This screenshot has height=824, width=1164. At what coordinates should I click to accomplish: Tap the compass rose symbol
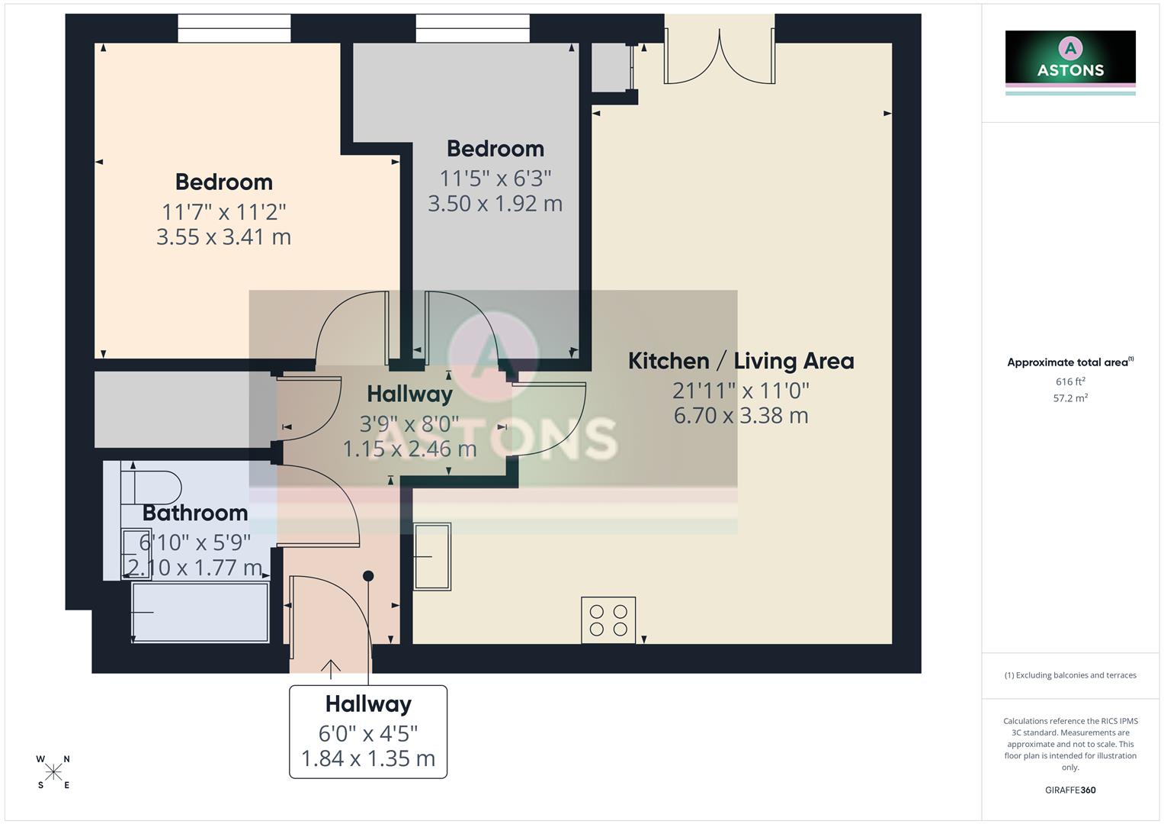click(53, 772)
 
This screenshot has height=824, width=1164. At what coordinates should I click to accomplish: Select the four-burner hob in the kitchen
click(608, 620)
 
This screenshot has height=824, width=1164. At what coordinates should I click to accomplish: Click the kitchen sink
click(432, 556)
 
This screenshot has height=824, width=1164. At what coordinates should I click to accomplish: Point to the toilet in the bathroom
click(152, 486)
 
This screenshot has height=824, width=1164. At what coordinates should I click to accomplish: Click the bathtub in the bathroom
click(200, 613)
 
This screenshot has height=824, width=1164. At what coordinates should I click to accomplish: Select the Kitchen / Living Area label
click(740, 361)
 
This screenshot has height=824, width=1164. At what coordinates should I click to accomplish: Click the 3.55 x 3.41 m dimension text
click(223, 237)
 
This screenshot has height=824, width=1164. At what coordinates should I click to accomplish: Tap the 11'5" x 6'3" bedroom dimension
click(495, 178)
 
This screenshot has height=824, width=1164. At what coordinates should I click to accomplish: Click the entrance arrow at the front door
click(330, 669)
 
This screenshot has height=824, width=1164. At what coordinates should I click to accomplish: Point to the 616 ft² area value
click(1070, 381)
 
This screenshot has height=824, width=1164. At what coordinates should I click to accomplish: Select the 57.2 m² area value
click(1070, 398)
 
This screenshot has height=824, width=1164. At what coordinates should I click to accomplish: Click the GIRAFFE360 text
click(1070, 790)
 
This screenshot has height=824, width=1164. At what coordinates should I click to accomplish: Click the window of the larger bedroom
click(234, 29)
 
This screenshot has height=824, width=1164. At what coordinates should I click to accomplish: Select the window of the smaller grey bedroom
click(472, 29)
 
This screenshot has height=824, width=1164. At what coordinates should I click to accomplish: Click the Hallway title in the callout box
click(368, 703)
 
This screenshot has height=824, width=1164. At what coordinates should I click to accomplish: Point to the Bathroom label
click(195, 513)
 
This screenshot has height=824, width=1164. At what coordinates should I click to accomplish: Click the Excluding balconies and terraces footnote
click(1070, 675)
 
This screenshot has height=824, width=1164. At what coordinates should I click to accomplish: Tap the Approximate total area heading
click(1069, 362)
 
